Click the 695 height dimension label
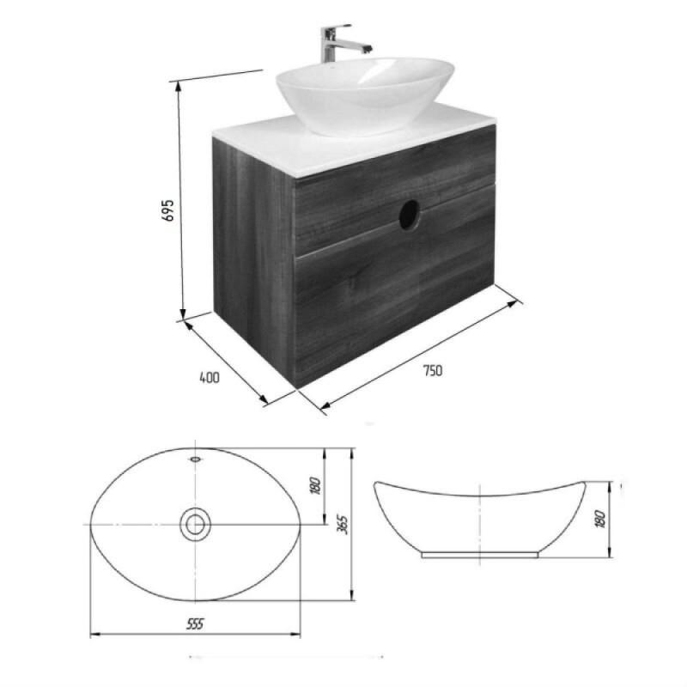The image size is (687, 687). point(168,210)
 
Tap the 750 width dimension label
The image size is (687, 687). point(433,371)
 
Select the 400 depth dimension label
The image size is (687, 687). point(210,377)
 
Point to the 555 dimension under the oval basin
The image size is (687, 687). point(195,623)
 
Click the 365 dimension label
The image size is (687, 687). point(343,525)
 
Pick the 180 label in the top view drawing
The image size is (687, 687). point(315,485)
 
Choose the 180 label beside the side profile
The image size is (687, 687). point(601,520)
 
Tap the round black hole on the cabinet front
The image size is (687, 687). point(410,214)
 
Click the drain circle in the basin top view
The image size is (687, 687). point(195,525)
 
